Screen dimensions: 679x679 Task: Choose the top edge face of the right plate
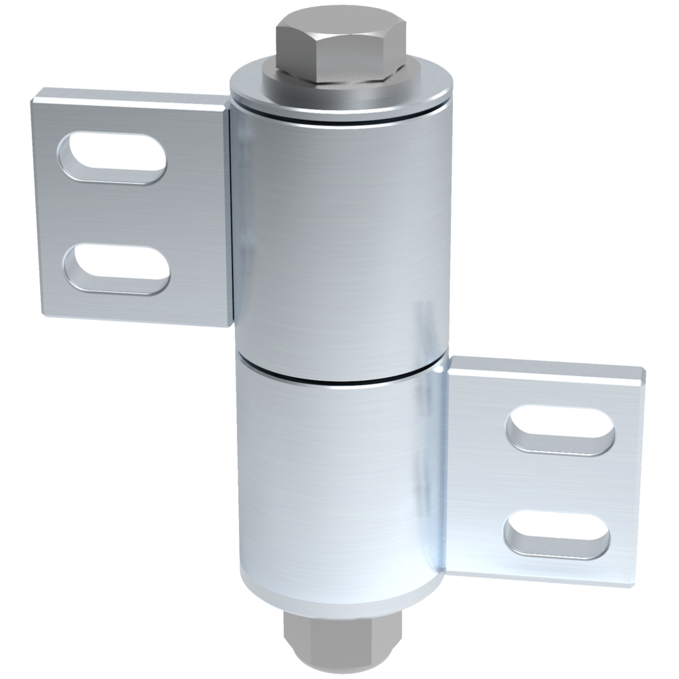click(543, 370)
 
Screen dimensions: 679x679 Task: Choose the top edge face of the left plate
click(129, 95)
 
